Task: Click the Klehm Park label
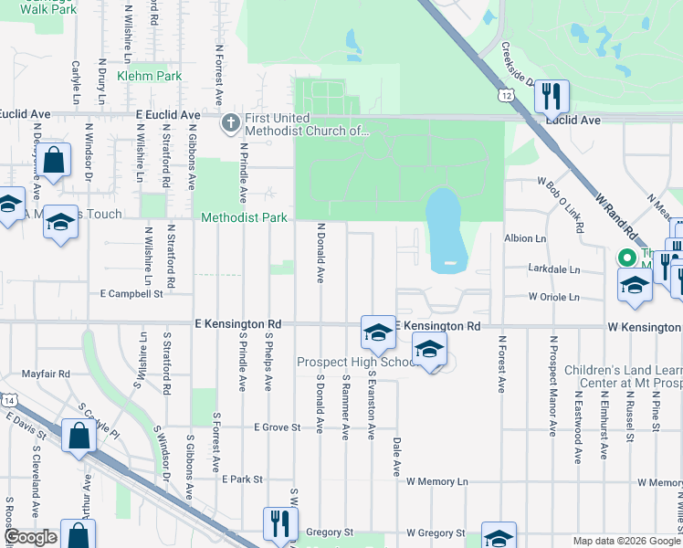click(x=154, y=77)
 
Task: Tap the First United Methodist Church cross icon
click(x=231, y=121)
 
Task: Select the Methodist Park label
click(x=244, y=217)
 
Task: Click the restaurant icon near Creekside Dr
click(x=551, y=96)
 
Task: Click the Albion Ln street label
click(x=524, y=237)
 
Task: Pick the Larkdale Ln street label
click(x=553, y=269)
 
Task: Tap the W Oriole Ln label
click(x=553, y=297)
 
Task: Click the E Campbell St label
click(x=131, y=294)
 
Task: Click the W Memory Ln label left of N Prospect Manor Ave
click(x=437, y=481)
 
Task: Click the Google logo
click(x=30, y=538)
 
